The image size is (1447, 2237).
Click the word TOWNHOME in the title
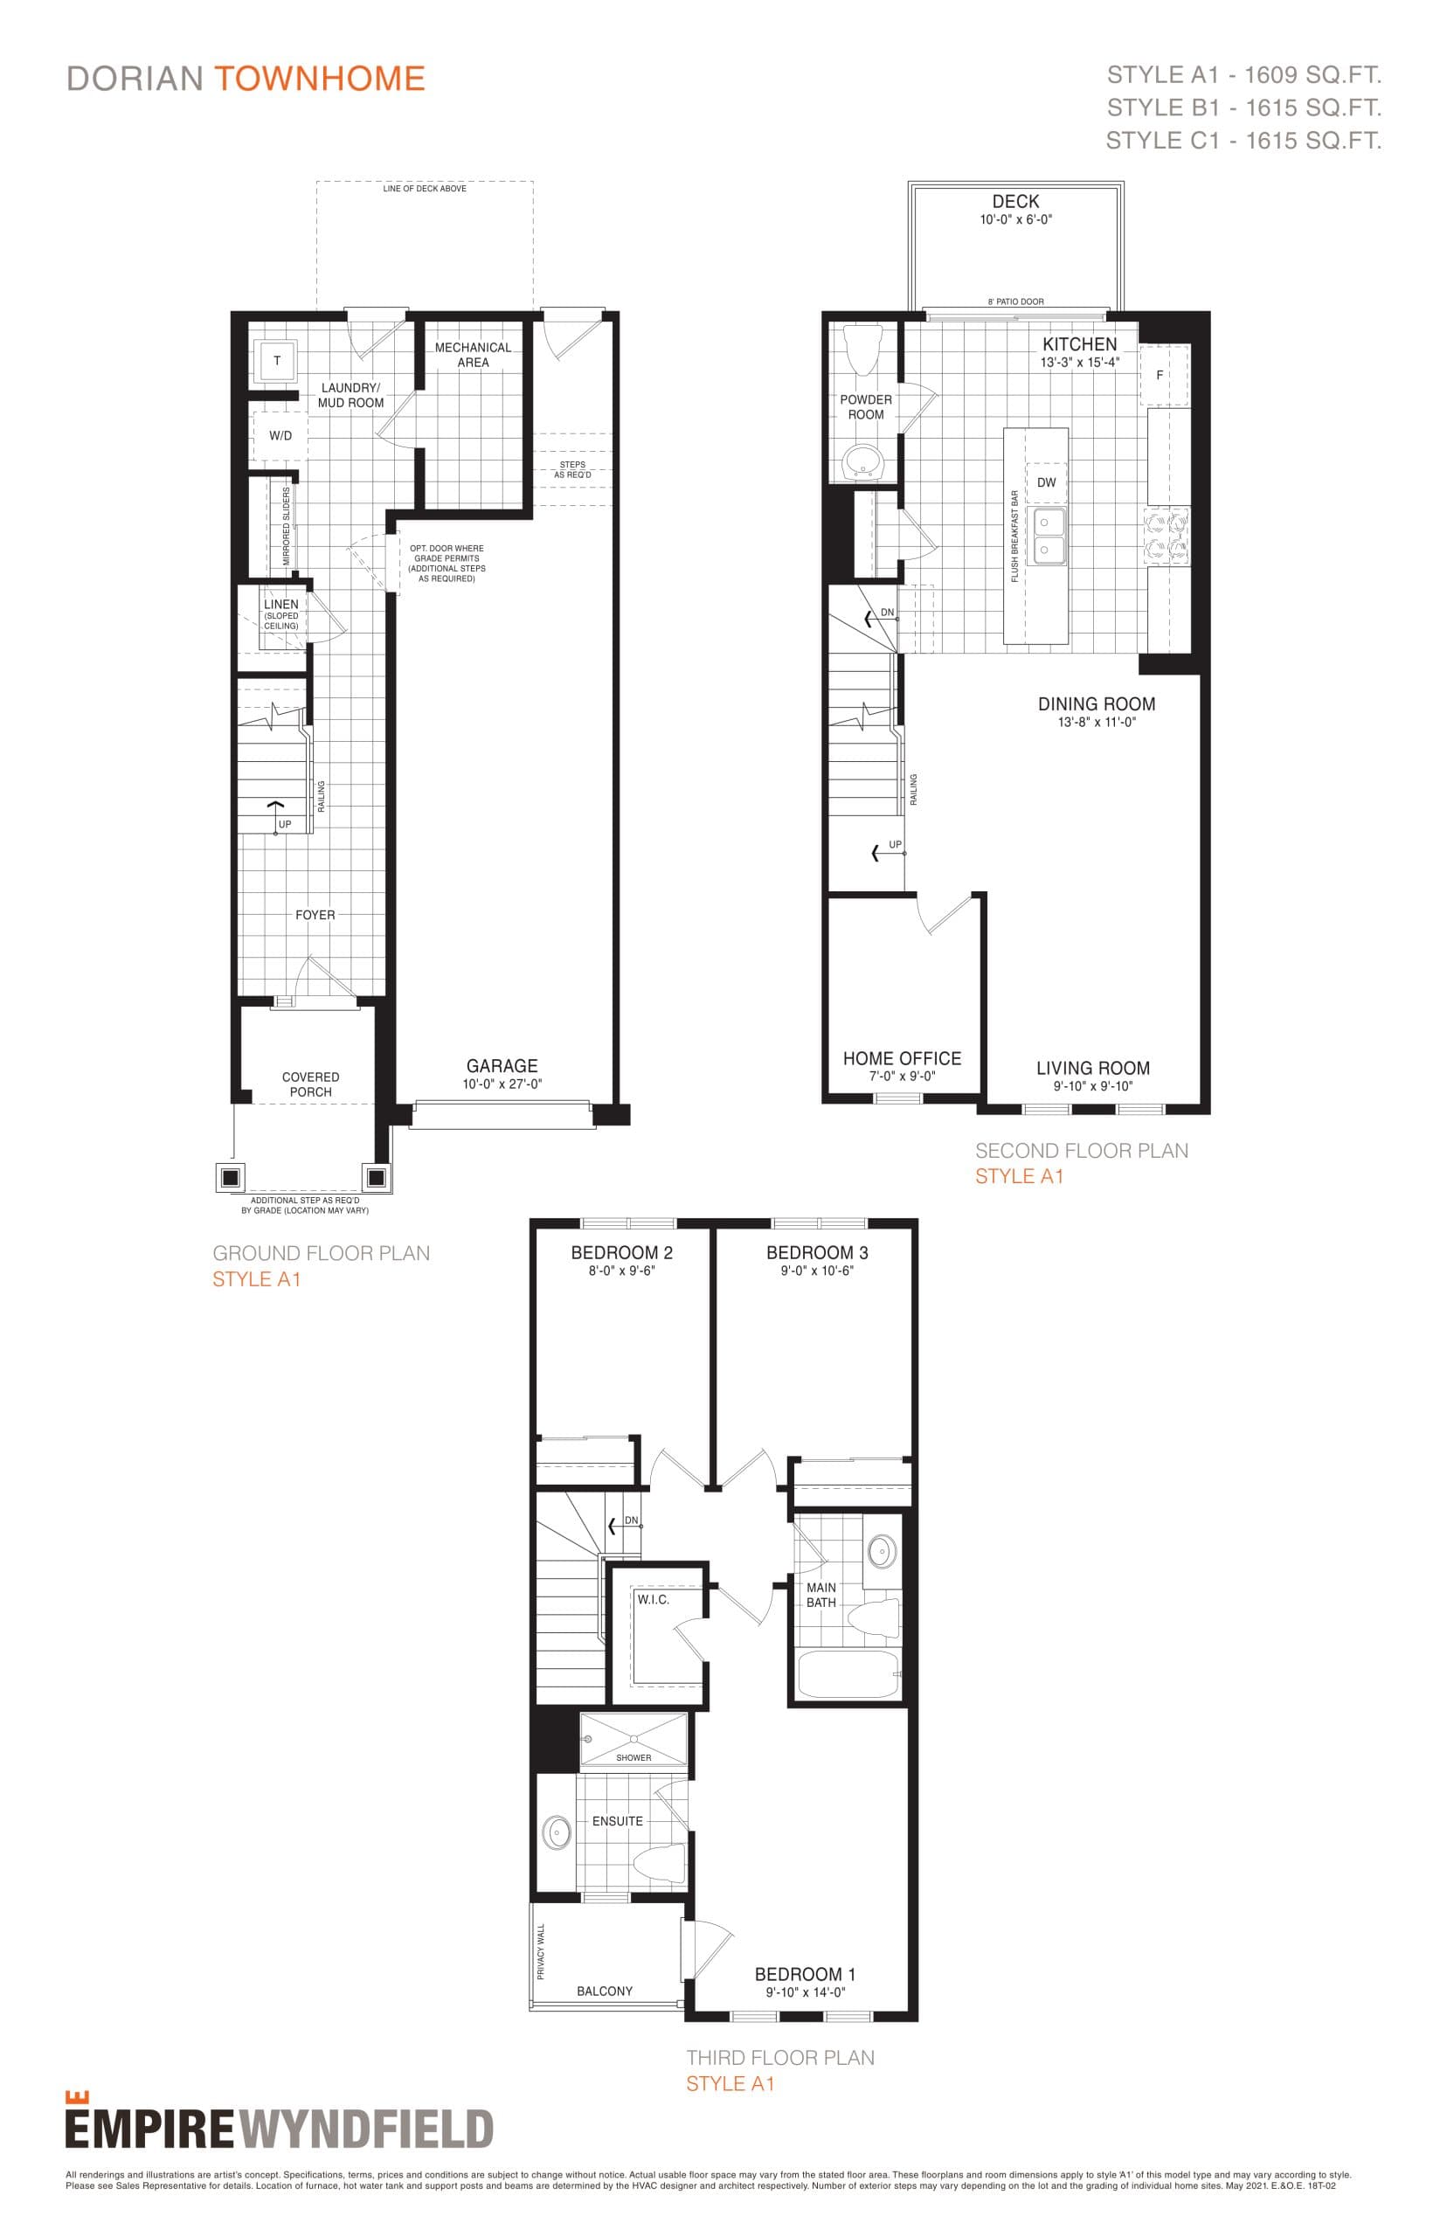tap(320, 79)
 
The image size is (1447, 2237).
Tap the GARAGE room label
tap(502, 1066)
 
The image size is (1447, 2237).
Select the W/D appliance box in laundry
tap(279, 436)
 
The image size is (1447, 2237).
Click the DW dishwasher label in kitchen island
tap(1046, 483)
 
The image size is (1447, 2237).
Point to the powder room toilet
tap(862, 350)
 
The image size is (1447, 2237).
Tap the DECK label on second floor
tap(1015, 202)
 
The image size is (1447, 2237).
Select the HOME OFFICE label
tap(901, 1059)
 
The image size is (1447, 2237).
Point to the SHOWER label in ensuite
tap(633, 1757)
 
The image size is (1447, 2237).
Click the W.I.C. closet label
tap(653, 1599)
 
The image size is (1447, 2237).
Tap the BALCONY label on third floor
tap(604, 1991)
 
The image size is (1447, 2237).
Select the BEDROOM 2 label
tap(621, 1252)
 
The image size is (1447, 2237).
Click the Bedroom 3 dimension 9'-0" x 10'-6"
tap(816, 1271)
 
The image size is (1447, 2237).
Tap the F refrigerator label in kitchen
tap(1160, 375)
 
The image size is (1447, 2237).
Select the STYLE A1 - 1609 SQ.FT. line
tap(1243, 75)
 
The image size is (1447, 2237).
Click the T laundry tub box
tap(276, 361)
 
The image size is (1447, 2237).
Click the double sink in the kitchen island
tap(1049, 536)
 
